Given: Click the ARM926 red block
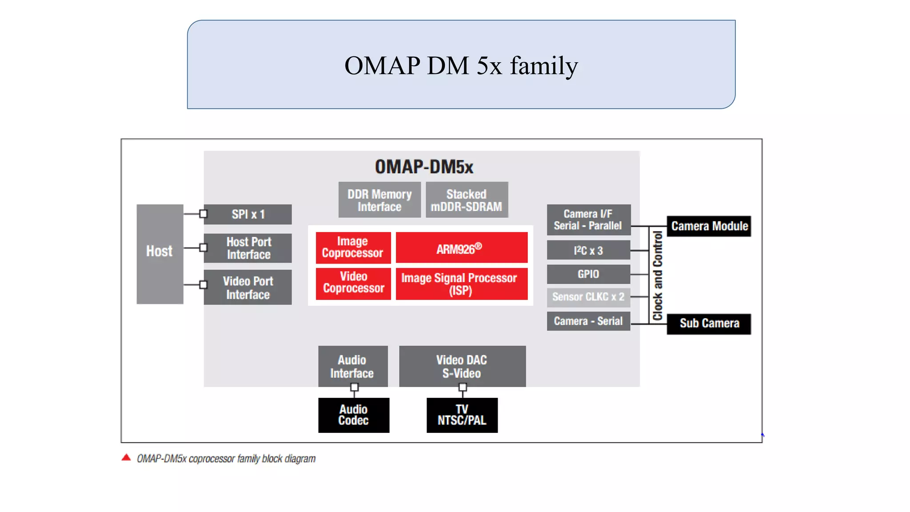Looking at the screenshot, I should pyautogui.click(x=461, y=248).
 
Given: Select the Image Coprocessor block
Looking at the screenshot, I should pyautogui.click(x=353, y=248).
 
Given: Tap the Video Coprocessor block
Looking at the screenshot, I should pyautogui.click(x=353, y=283).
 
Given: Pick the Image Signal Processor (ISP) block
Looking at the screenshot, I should pyautogui.click(x=461, y=284).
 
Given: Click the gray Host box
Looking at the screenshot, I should pyautogui.click(x=160, y=254).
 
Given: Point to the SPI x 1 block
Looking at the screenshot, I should pyautogui.click(x=248, y=214).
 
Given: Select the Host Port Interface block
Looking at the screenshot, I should pyautogui.click(x=248, y=248).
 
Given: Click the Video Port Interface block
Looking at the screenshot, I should pyautogui.click(x=248, y=287).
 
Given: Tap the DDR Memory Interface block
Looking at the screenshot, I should pyautogui.click(x=379, y=200).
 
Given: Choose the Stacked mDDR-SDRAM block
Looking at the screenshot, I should pyautogui.click(x=467, y=200).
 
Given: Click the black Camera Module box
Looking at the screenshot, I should pyautogui.click(x=709, y=226).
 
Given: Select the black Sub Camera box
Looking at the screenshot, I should pyautogui.click(x=709, y=324).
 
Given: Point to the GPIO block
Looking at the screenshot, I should pyautogui.click(x=588, y=274).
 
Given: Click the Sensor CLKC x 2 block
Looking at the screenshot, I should pyautogui.click(x=588, y=297).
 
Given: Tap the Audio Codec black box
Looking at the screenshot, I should pyautogui.click(x=354, y=415).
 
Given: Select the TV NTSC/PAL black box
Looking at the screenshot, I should pyautogui.click(x=462, y=415).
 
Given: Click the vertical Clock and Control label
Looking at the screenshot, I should pyautogui.click(x=658, y=276).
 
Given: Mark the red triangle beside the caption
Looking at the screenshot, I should pyautogui.click(x=126, y=457).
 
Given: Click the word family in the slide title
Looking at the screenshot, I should pyautogui.click(x=543, y=66).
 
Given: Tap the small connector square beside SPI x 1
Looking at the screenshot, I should pyautogui.click(x=204, y=214).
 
